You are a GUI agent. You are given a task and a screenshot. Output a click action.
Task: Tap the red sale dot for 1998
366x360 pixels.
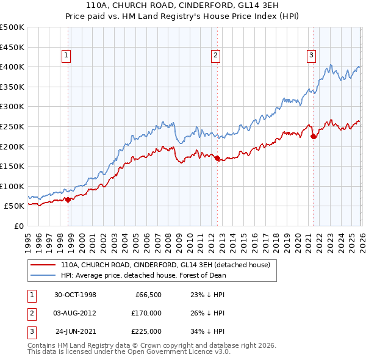[x=68, y=199]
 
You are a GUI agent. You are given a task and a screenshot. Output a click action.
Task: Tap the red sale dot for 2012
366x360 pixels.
[x=217, y=158]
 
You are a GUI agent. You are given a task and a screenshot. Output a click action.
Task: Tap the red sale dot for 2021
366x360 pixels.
[x=314, y=136]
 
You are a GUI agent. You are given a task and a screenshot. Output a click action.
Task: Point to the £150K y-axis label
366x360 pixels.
[x=12, y=166]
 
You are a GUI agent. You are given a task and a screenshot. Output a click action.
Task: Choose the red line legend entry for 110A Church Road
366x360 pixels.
[x=170, y=265]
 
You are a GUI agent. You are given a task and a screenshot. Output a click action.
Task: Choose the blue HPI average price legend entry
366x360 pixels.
[x=143, y=275]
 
